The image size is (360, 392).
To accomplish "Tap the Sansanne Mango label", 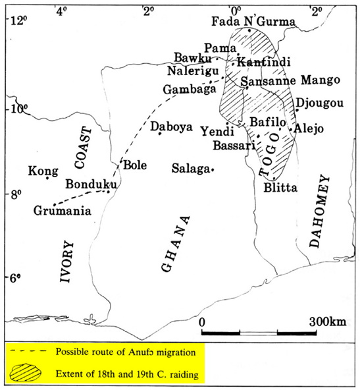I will pyautogui.click(x=290, y=80).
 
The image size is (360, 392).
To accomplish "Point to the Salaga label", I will pyautogui.click(x=191, y=169).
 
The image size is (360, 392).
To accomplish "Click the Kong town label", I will pyautogui.click(x=43, y=171).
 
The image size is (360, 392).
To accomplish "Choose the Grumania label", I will pyautogui.click(x=62, y=211).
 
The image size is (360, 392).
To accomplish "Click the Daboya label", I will pyautogui.click(x=171, y=126).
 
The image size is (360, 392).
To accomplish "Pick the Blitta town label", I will pyautogui.click(x=280, y=188).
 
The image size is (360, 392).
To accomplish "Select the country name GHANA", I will pyautogui.click(x=177, y=243).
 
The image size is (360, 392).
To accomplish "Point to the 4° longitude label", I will pyautogui.click(x=63, y=9).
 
